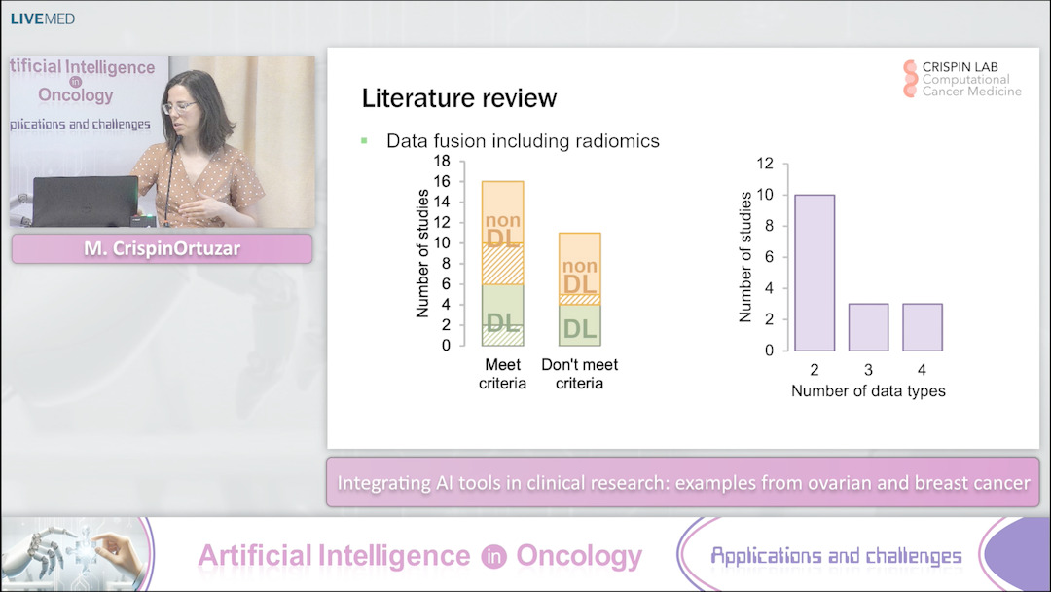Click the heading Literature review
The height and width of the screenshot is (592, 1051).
(458, 98)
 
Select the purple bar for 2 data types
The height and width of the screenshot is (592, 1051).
(815, 273)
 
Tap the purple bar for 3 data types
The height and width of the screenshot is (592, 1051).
(868, 326)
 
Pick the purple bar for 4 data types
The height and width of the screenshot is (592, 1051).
(922, 326)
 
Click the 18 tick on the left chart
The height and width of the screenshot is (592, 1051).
(442, 161)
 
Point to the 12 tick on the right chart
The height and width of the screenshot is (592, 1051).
(765, 163)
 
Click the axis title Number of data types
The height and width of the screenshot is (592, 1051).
(868, 391)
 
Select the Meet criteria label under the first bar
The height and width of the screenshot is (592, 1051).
(503, 374)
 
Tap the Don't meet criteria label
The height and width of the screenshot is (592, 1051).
(579, 374)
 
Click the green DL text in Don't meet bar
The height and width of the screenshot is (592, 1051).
(579, 329)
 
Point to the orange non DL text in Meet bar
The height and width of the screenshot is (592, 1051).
(503, 230)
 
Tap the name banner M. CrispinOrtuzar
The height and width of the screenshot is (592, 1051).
(162, 249)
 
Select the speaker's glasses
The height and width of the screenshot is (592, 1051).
(180, 106)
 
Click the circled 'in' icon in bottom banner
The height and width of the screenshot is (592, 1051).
(492, 557)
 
